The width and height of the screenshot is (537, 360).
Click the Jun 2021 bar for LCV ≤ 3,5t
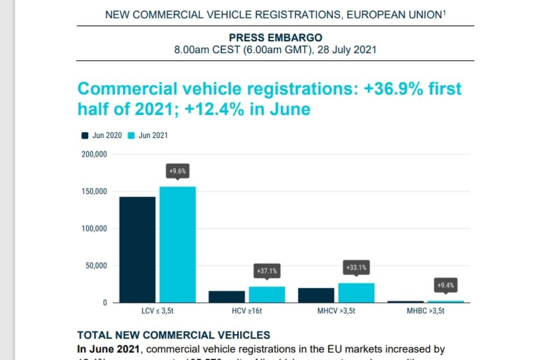pos(177,244)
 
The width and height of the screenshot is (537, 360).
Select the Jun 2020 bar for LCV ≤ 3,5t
pos(137,250)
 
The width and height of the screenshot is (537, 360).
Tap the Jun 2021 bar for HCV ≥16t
pos(266,294)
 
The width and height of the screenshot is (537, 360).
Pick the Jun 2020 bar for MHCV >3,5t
pos(316,295)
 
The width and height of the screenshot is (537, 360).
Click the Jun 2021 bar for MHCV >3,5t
pos(356,293)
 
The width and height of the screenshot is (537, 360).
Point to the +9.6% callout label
pos(177,171)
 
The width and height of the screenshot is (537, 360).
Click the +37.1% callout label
pos(267,271)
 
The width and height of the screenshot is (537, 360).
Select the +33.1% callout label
pos(356,267)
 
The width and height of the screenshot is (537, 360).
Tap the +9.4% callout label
pos(446,285)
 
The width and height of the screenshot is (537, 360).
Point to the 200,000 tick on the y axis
pos(94,154)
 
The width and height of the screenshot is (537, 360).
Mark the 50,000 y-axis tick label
pos(96,266)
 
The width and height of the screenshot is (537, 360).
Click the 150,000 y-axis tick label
pos(94,192)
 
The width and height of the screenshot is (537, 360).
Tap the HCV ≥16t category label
pos(248,311)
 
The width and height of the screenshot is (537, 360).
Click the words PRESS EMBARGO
pos(275,38)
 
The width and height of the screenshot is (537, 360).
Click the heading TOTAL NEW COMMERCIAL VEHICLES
pos(173,336)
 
